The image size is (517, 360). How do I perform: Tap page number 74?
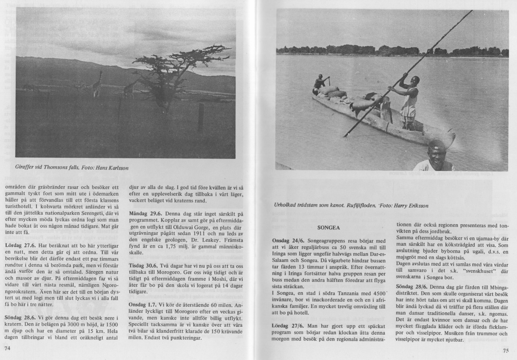7,349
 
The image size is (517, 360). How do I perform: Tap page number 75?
506,350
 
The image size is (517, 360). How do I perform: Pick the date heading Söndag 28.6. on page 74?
20,318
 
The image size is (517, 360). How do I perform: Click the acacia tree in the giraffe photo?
174,71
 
